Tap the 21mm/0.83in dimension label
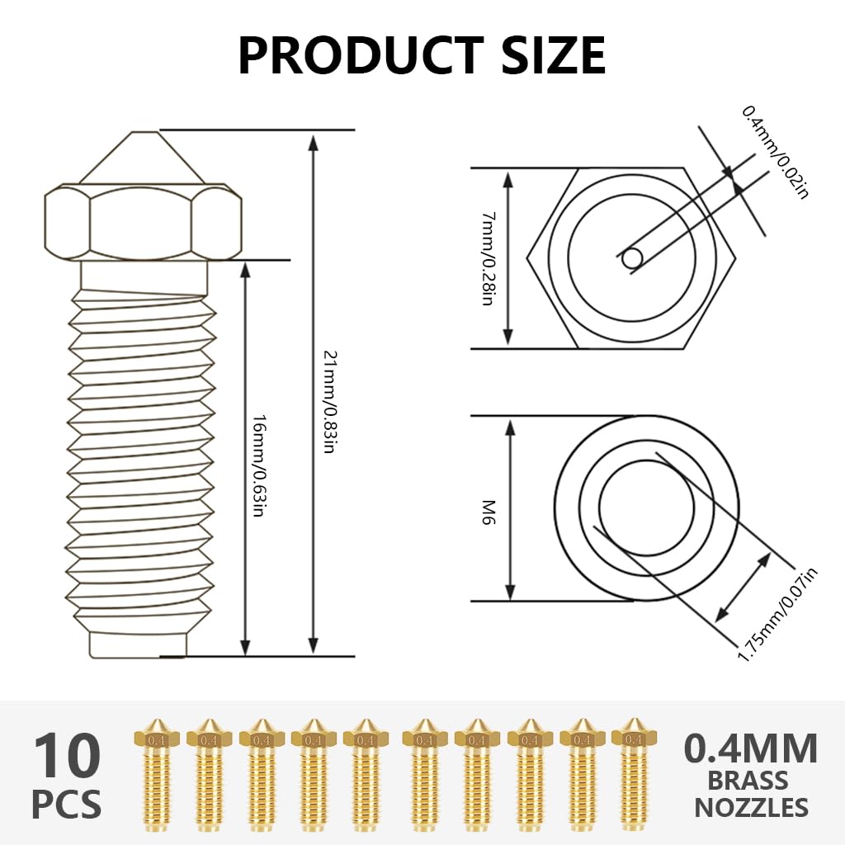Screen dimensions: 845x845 pyautogui.click(x=328, y=403)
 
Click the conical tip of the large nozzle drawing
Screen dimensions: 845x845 pyautogui.click(x=144, y=157)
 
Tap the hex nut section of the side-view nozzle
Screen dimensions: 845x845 pyautogui.click(x=144, y=221)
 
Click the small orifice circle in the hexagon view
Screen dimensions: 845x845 pyautogui.click(x=632, y=258)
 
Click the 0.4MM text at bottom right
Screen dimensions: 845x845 pyautogui.click(x=751, y=748)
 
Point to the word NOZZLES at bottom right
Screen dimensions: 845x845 pyautogui.click(x=751, y=807)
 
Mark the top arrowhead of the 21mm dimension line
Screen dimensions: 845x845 pyautogui.click(x=313, y=142)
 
